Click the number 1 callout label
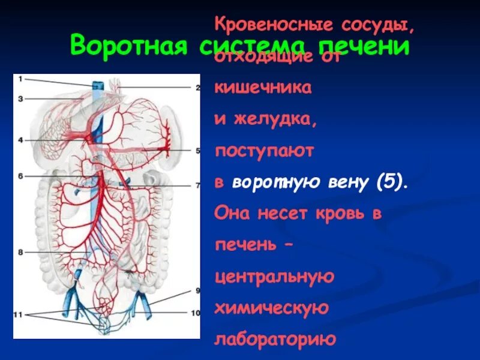pos(20,79)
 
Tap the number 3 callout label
pos(20,98)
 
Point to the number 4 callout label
pos(20,140)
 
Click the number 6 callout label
pos(20,176)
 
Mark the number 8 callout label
pos(20,253)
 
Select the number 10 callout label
pos(196,313)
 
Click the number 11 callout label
pos(19,314)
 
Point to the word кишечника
pos(263,88)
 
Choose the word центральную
pos(274,277)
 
